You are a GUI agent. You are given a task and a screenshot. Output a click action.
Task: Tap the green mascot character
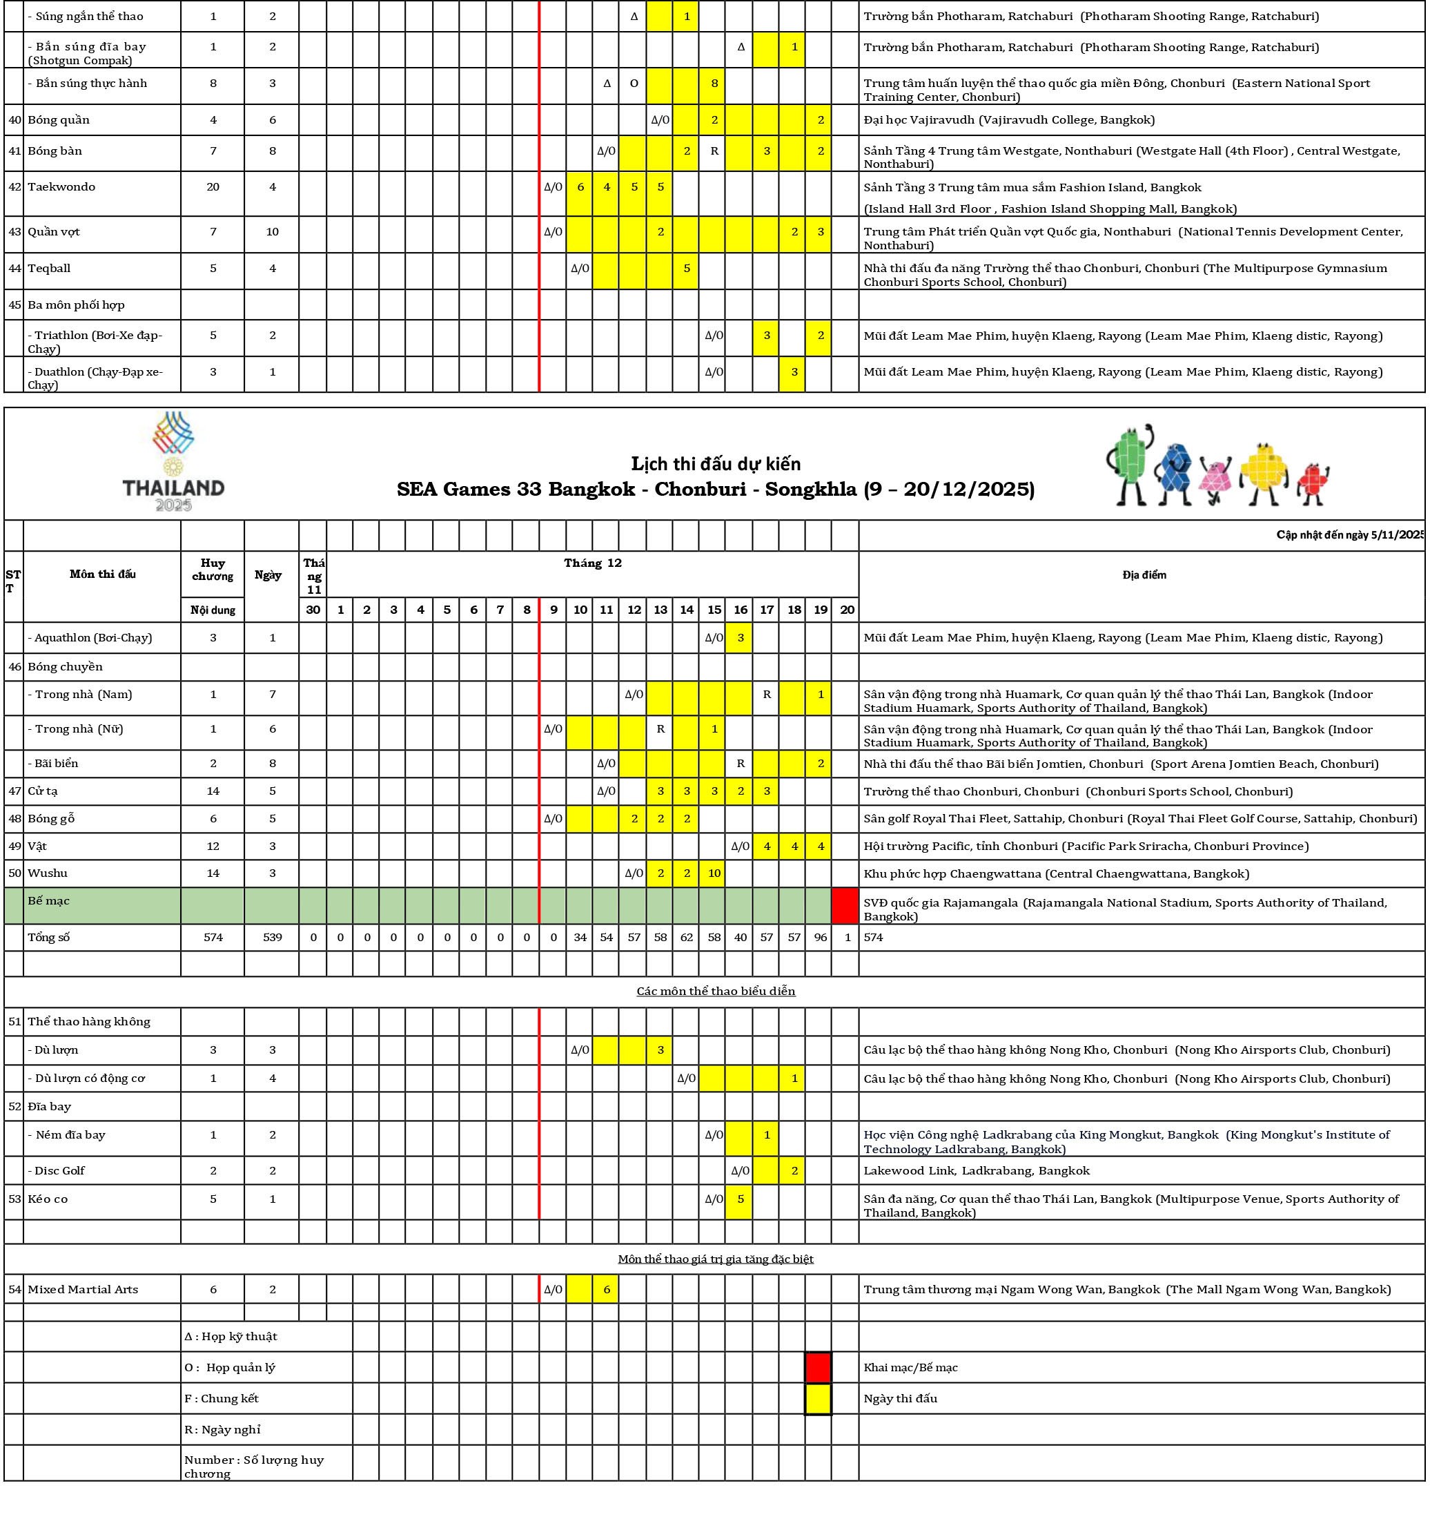point(1128,464)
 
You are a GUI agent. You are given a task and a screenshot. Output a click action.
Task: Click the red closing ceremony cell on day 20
point(845,905)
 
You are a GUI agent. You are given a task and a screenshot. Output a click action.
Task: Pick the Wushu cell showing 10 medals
point(714,873)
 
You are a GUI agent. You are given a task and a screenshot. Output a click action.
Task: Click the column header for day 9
point(554,610)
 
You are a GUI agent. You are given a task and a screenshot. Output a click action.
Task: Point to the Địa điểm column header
point(1144,575)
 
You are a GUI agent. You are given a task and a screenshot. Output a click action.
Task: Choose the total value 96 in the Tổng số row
point(820,937)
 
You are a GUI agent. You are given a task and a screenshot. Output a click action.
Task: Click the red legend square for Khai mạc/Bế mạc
point(818,1367)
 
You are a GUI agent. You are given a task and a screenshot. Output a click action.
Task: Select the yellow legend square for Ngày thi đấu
point(818,1398)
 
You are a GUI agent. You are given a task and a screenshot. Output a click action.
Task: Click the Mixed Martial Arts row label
point(83,1289)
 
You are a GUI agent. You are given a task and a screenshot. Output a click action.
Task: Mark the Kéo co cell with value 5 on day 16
point(740,1199)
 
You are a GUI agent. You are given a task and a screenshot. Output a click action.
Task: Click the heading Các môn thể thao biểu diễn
point(716,991)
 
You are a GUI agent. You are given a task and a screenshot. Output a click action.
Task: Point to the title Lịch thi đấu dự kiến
point(716,463)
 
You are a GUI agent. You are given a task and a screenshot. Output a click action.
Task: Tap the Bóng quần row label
point(59,120)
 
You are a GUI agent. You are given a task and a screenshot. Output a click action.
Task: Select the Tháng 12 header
point(592,563)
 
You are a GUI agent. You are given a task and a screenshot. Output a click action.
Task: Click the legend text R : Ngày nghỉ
point(222,1429)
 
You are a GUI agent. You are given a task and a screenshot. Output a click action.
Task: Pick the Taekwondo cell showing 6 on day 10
point(580,187)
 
